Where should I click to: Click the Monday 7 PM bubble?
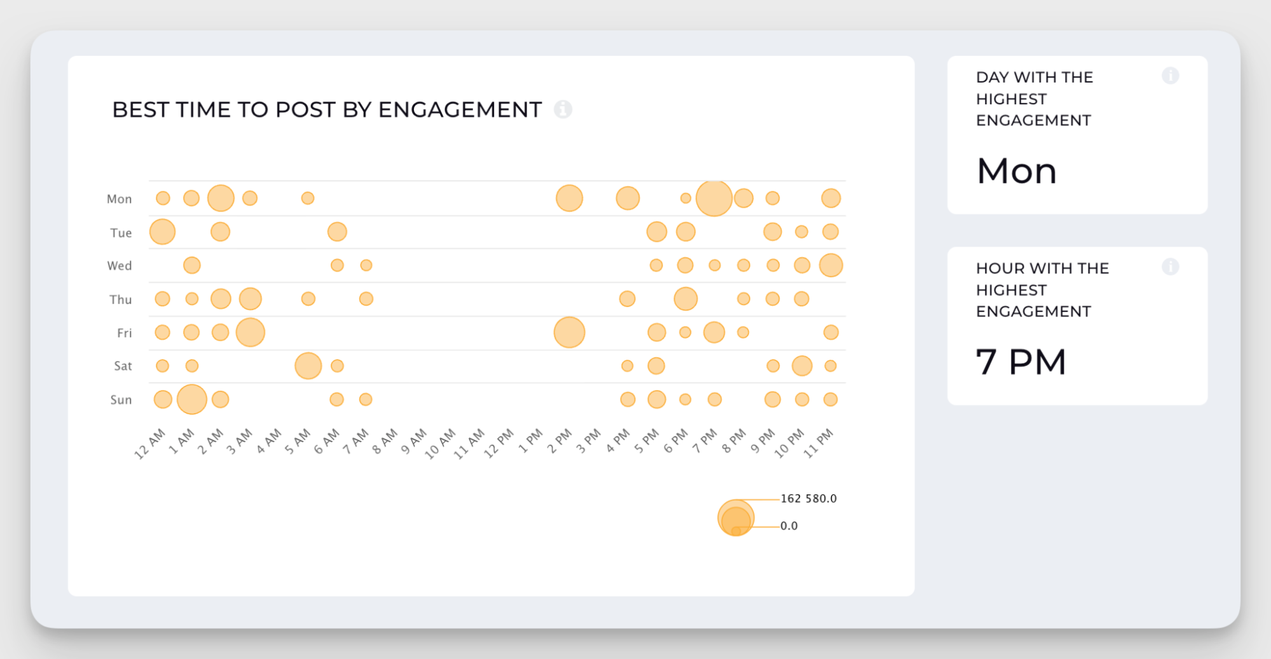(x=714, y=198)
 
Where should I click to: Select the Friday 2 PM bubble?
(x=569, y=332)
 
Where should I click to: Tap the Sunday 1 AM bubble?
(x=191, y=399)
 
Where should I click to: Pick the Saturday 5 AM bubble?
(x=308, y=366)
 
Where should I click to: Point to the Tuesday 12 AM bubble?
(x=162, y=231)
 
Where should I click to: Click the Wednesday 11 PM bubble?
(x=831, y=265)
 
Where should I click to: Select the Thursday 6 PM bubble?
(x=685, y=299)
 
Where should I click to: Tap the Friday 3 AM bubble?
(x=251, y=332)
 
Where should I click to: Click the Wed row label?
(x=120, y=266)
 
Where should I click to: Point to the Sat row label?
(x=123, y=366)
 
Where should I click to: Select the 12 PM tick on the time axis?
(x=499, y=443)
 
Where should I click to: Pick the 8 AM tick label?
(x=385, y=441)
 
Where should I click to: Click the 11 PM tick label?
(x=819, y=443)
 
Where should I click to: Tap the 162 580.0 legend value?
(x=808, y=499)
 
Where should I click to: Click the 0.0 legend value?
(x=789, y=526)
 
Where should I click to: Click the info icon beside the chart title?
(x=563, y=109)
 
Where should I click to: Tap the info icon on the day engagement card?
(x=1171, y=76)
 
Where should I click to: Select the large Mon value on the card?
(x=1017, y=171)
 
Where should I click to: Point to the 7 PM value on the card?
(x=1020, y=362)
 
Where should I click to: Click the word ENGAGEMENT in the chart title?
(x=460, y=110)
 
